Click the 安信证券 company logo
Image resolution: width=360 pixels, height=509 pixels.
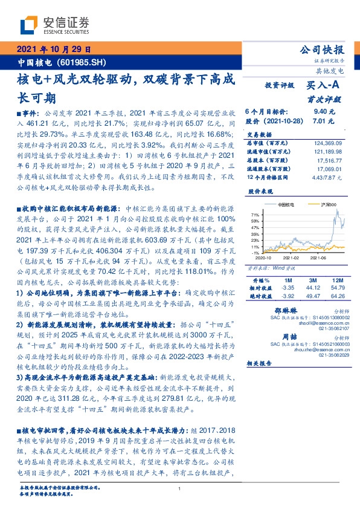click(55, 25)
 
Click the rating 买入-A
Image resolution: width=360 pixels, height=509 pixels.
click(325, 86)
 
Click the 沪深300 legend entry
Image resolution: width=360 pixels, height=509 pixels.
click(328, 206)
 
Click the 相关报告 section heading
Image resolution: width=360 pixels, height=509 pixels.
click(260, 363)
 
